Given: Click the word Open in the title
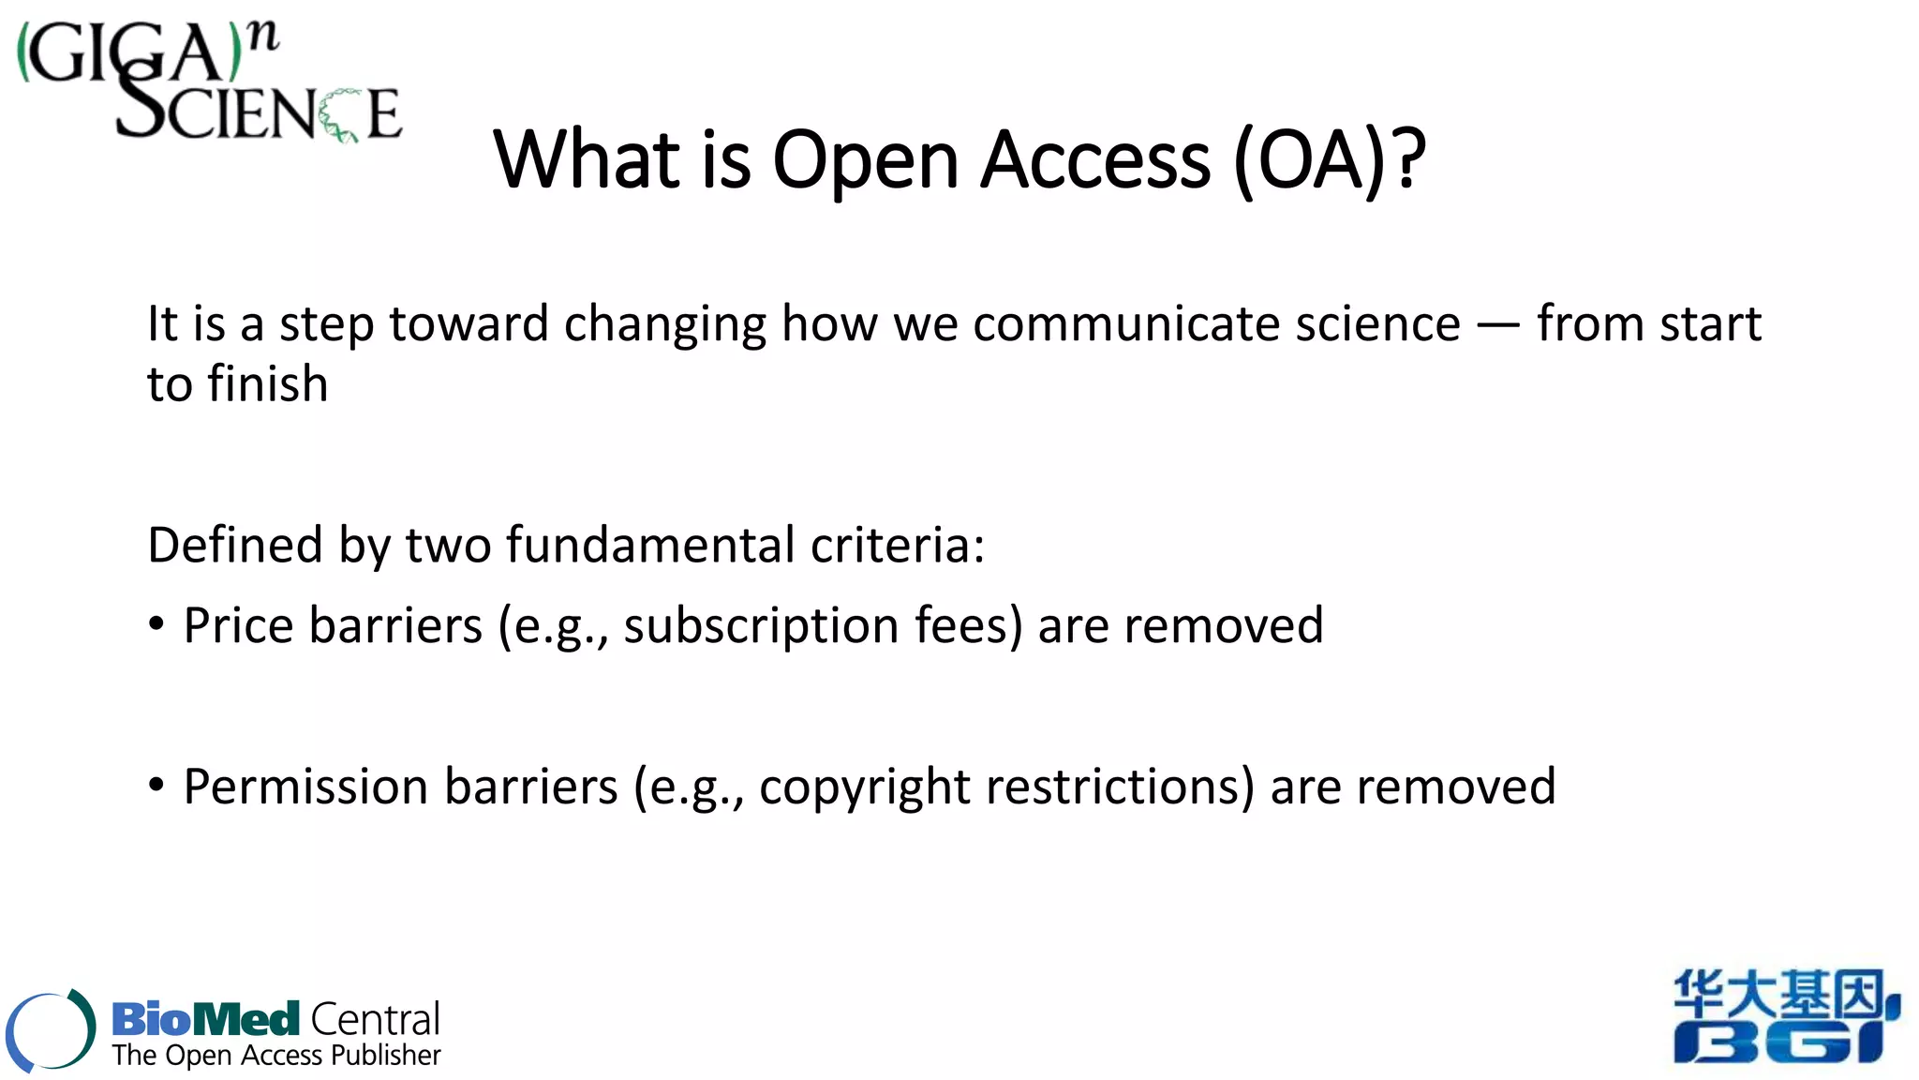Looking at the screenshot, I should (x=866, y=161).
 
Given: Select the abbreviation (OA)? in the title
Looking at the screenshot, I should (x=1330, y=161).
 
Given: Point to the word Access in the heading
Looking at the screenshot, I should (x=1095, y=161).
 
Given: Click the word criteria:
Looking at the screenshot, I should (x=898, y=546).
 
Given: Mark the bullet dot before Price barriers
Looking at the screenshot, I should (x=156, y=625).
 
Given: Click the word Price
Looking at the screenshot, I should (x=239, y=626).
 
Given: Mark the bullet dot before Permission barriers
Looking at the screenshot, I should (x=156, y=785).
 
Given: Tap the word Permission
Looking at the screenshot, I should (x=306, y=787).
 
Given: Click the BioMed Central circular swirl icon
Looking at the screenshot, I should (x=51, y=1029).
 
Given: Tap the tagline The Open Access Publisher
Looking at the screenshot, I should (x=276, y=1056).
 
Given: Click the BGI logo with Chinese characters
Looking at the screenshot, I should (x=1786, y=1017).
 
